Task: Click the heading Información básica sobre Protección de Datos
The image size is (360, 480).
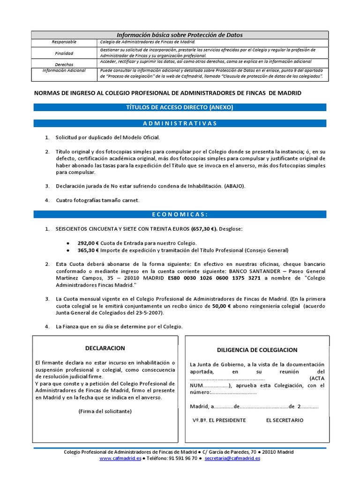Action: (x=180, y=35)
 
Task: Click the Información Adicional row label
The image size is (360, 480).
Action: (x=64, y=70)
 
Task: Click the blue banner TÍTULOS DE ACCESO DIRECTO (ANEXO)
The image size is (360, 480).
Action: (x=180, y=107)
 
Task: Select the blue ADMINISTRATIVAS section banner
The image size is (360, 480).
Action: (x=180, y=123)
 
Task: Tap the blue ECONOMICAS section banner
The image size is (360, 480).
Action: (x=180, y=214)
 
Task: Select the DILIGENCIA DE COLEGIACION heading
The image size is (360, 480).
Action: (x=257, y=350)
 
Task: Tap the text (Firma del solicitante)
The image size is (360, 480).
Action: (x=105, y=411)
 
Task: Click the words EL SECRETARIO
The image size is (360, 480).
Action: (x=285, y=420)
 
